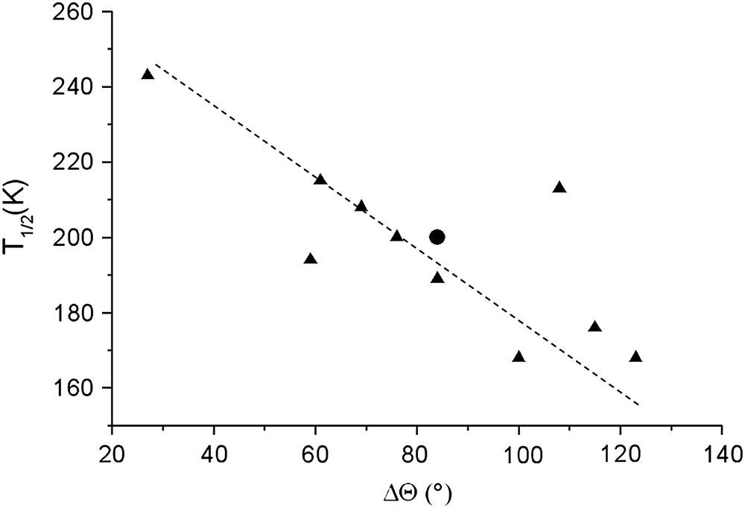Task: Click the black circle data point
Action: pos(437,237)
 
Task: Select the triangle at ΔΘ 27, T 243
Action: pos(148,74)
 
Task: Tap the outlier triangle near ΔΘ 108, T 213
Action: pos(559,188)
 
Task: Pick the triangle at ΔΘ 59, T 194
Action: pos(311,259)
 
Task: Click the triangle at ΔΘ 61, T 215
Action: pos(320,180)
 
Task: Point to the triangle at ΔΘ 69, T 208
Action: pos(361,206)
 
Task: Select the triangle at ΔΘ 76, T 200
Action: pos(396,236)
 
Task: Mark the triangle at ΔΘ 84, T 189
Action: pos(437,278)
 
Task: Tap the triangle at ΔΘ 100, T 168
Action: pos(519,357)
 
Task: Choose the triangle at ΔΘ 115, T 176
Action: pos(595,327)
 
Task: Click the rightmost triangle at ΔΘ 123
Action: pos(635,357)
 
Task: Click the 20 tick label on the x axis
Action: pos(112,453)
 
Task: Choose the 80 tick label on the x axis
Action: pos(417,453)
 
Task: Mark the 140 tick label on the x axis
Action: pos(721,453)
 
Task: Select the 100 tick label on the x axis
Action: pos(519,453)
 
